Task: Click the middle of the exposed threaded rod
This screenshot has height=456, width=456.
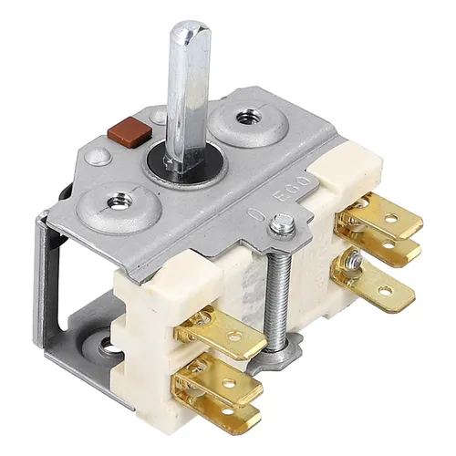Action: coord(280,283)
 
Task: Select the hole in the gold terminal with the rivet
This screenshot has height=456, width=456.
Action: coord(384,292)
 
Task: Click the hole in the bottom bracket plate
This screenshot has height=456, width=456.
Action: coord(108,346)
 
